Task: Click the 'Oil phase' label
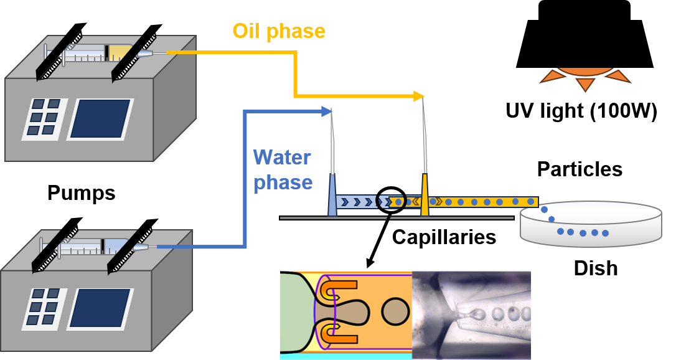coord(278,31)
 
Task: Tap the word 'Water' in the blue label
coord(281,157)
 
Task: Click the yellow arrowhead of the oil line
coord(419,96)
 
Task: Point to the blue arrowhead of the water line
coord(326,111)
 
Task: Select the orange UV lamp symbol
coord(585,77)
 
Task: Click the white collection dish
coord(590,224)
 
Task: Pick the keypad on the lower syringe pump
coord(42,308)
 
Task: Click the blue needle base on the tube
coord(332,196)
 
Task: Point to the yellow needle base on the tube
coord(425,196)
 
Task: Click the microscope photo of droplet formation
coord(471,314)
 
